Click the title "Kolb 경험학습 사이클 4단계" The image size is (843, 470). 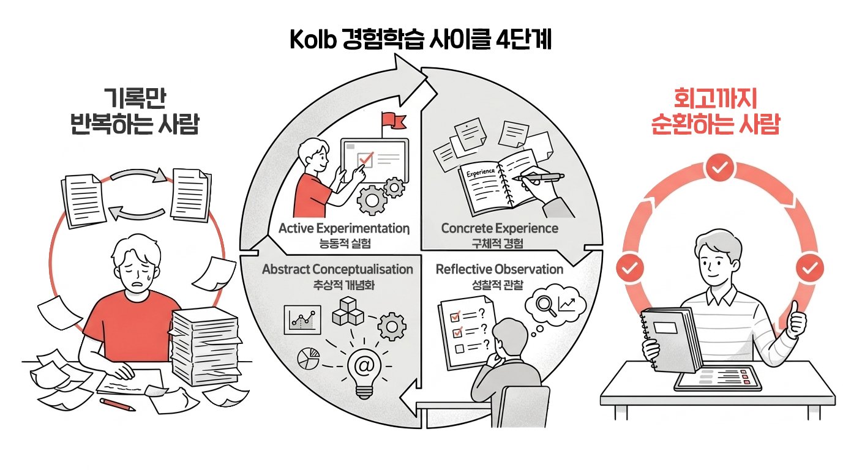[421, 41]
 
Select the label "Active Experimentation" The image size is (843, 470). [343, 229]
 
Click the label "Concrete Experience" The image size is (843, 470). [500, 229]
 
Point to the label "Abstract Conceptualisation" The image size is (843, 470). [337, 269]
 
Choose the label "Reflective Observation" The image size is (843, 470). [499, 269]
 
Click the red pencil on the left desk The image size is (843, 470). [117, 404]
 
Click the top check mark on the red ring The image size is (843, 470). [720, 169]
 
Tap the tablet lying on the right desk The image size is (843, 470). [718, 380]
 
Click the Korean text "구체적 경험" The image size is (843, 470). [500, 243]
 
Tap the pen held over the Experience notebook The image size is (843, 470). [539, 177]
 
